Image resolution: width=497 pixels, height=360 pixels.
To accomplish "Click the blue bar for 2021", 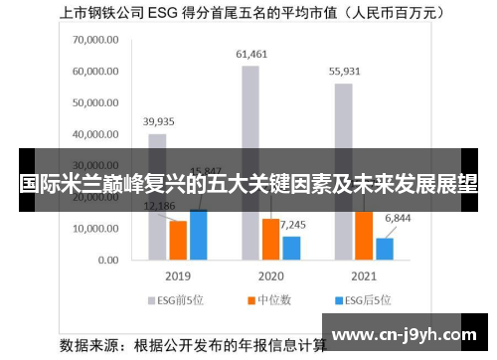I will tap(384, 248).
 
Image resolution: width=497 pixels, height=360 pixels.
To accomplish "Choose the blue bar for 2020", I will tap(291, 247).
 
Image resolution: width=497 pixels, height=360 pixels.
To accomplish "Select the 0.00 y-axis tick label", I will tap(107, 260).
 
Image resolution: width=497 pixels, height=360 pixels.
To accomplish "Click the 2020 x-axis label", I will tap(270, 275).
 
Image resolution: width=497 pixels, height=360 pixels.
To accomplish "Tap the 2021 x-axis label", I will tap(363, 275).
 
